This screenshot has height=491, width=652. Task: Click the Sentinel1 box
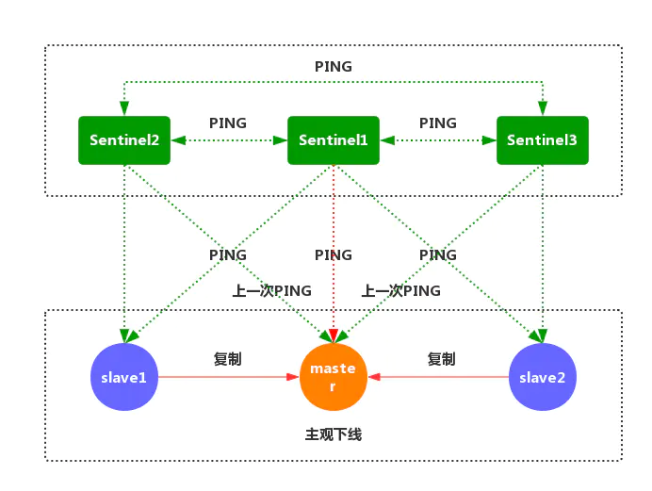333,140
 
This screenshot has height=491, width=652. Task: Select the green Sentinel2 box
124,140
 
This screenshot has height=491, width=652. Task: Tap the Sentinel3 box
542,140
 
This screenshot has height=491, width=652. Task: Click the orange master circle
333,377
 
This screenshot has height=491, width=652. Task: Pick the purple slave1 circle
124,377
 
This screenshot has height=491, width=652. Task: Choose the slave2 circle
542,377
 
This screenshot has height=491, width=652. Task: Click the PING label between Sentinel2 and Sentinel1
228,123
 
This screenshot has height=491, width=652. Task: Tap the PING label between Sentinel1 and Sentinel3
437,123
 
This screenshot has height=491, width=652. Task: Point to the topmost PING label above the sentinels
333,67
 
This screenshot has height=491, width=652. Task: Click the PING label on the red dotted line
333,255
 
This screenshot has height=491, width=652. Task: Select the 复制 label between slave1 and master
228,359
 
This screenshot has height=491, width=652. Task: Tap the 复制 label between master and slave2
441,359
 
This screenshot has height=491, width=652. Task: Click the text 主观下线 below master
333,434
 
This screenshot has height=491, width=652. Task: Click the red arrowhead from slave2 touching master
374,377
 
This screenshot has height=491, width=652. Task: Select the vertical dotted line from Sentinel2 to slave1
124,245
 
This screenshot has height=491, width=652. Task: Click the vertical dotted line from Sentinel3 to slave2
542,245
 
